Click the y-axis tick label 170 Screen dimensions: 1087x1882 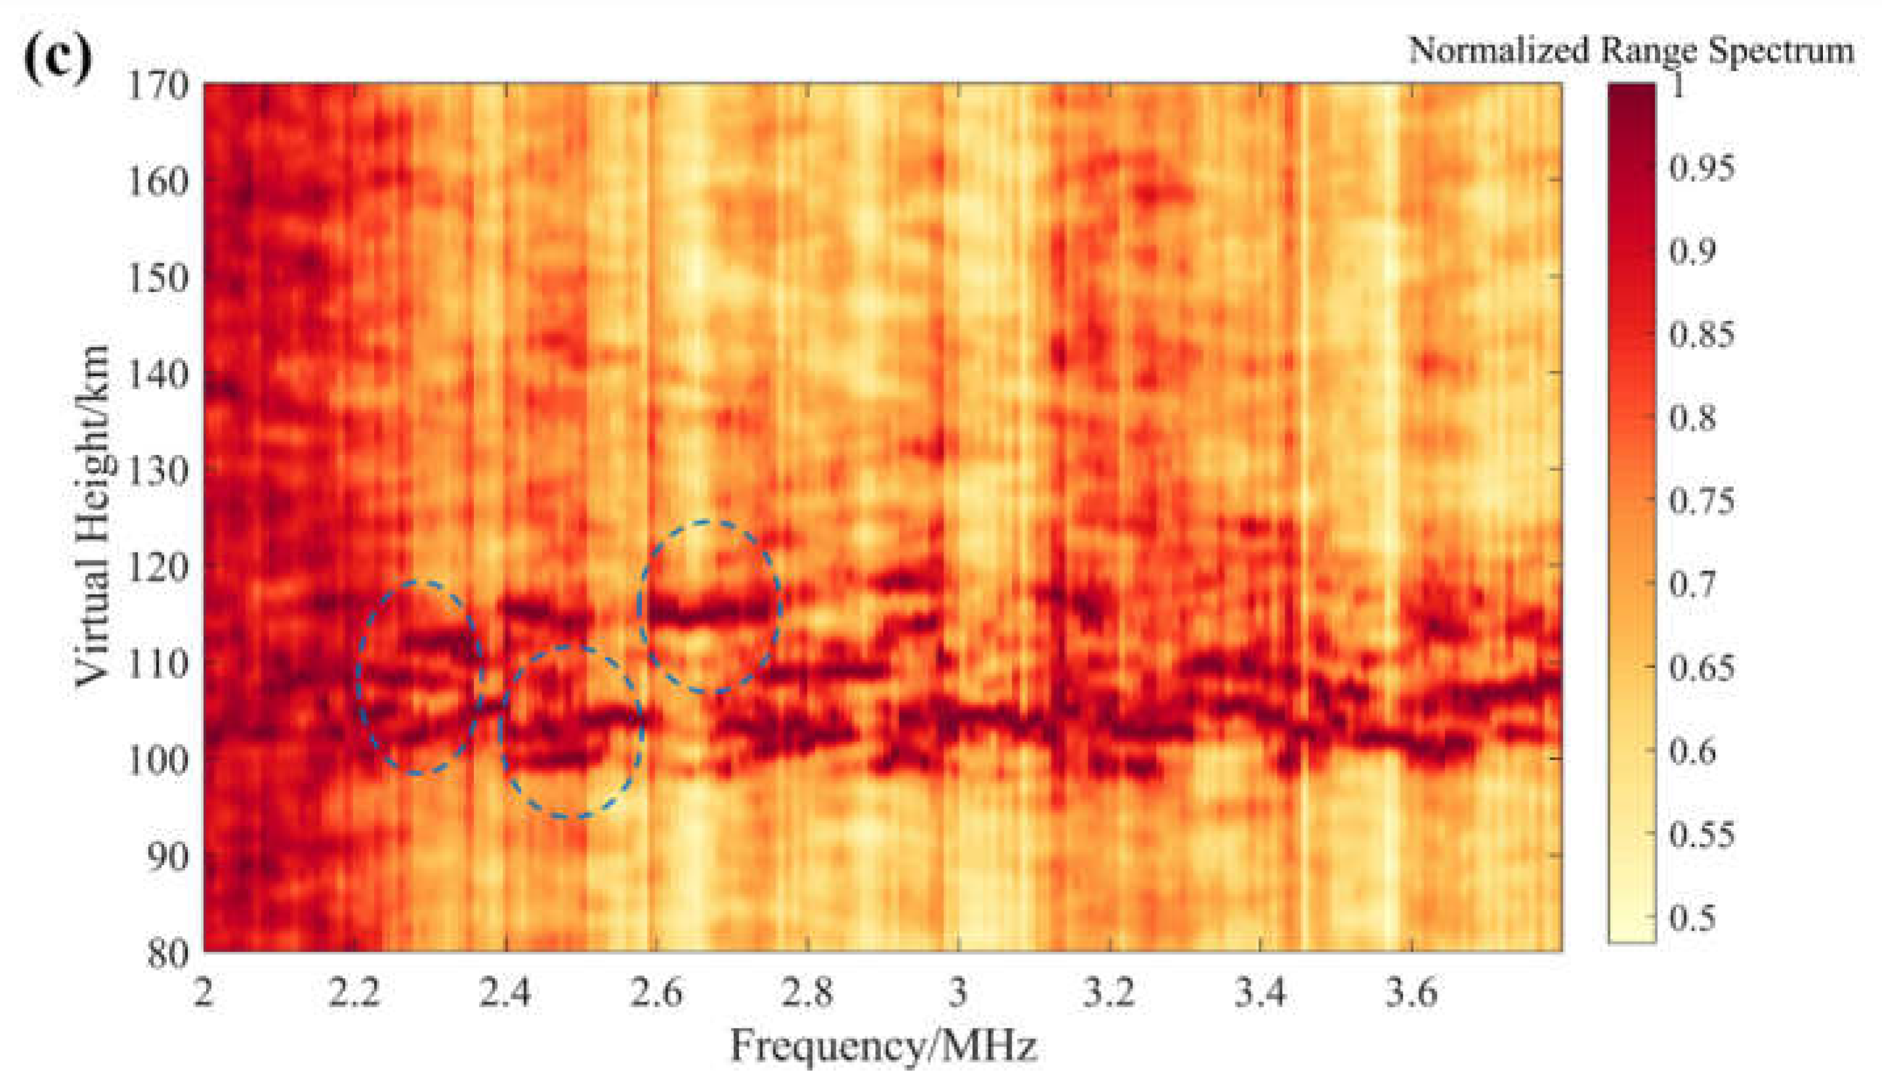(x=158, y=87)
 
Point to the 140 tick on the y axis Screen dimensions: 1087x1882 (x=158, y=375)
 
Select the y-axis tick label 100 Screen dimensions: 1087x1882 (x=158, y=761)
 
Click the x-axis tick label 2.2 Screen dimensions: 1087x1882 (x=354, y=994)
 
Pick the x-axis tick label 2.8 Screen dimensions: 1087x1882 (x=807, y=994)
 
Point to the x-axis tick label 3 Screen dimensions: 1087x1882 (x=958, y=994)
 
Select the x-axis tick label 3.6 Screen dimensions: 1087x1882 (x=1410, y=994)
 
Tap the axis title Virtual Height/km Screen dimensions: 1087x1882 (x=94, y=515)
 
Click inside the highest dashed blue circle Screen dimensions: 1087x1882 (x=708, y=607)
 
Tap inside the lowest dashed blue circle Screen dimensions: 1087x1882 (x=571, y=732)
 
